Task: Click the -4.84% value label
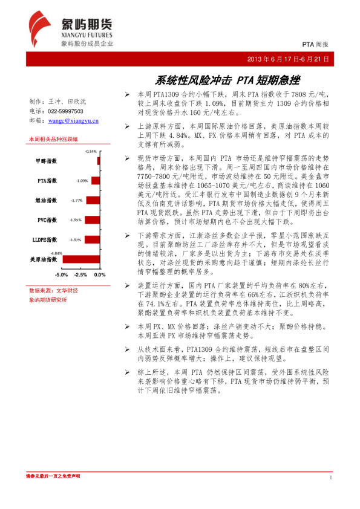[57, 253]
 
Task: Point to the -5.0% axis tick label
[61, 274]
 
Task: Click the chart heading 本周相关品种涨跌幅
[53, 139]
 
